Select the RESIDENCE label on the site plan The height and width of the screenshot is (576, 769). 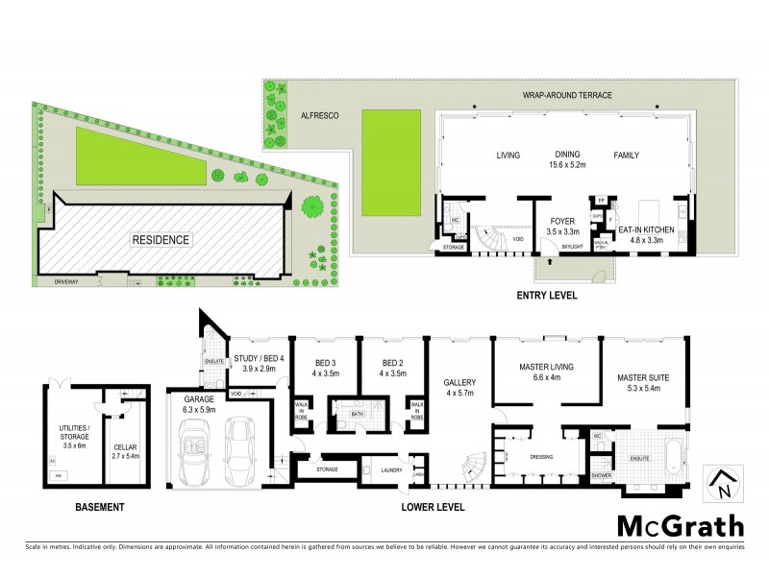[x=161, y=240]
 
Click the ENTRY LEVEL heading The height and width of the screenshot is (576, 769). [x=547, y=296]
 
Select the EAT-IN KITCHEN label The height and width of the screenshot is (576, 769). [x=646, y=230]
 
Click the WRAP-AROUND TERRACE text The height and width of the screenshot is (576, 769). [x=567, y=96]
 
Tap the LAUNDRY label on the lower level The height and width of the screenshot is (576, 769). [x=389, y=470]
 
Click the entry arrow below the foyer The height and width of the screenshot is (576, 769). [x=548, y=259]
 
